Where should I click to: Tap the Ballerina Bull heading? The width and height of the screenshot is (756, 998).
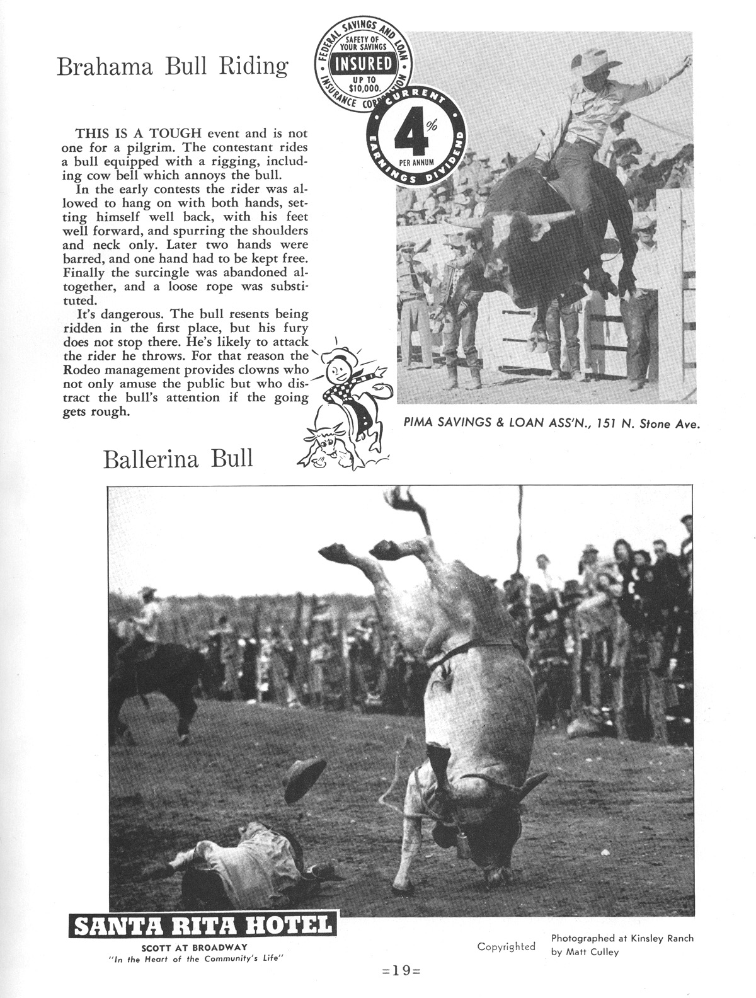178,459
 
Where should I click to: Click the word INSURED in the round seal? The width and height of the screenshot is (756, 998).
364,64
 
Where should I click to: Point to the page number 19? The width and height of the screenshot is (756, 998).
401,971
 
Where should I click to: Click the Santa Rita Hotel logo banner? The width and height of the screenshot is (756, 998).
202,926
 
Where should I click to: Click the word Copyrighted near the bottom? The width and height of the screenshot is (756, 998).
506,946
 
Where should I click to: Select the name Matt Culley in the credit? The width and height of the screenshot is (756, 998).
592,952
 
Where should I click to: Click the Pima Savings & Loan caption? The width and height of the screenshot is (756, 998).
552,423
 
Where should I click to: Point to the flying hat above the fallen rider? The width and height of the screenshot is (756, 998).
304,779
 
